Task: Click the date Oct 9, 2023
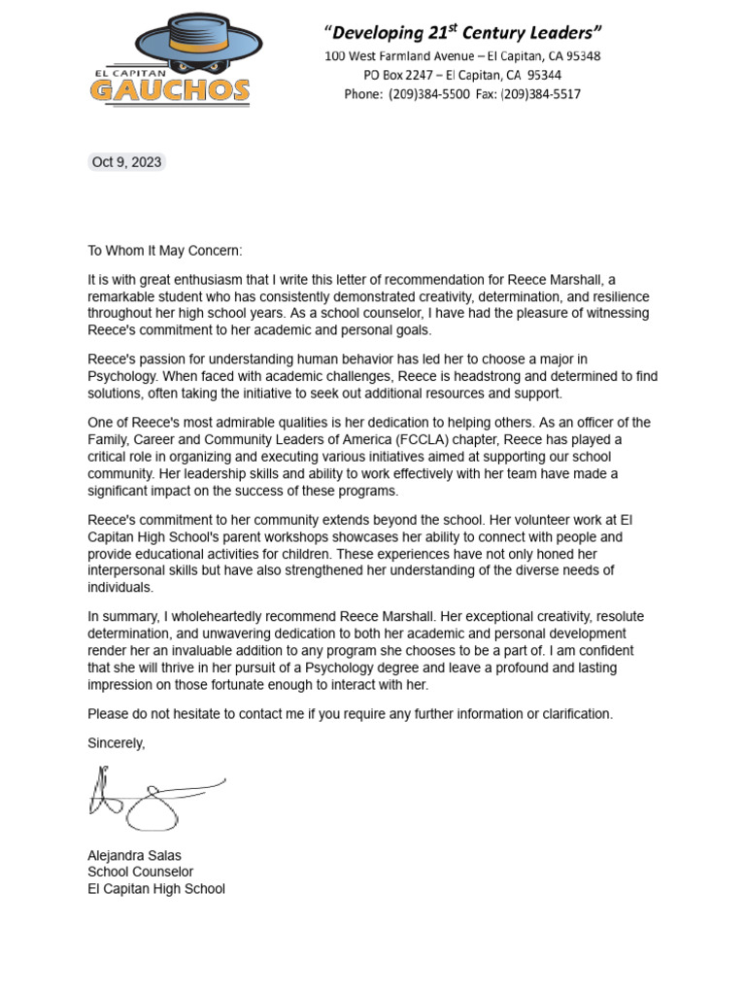click(x=126, y=162)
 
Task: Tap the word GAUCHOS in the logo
click(x=170, y=91)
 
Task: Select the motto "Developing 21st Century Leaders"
click(x=462, y=33)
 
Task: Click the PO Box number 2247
click(x=418, y=75)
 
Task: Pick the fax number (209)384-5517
click(x=543, y=94)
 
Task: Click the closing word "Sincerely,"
click(x=117, y=743)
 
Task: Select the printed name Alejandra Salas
click(x=134, y=855)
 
